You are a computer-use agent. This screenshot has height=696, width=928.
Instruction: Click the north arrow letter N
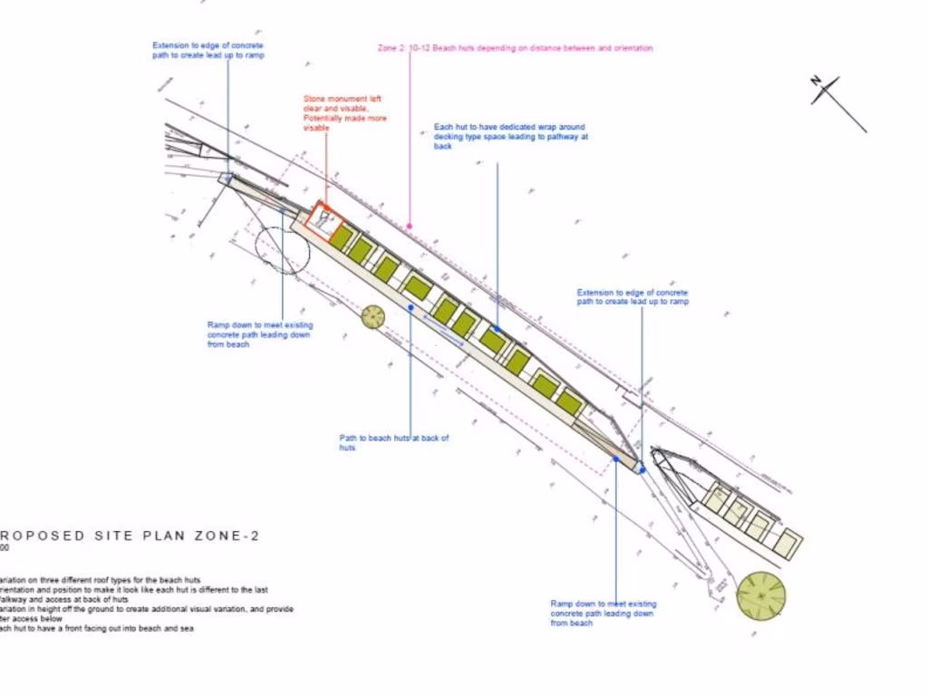click(x=817, y=82)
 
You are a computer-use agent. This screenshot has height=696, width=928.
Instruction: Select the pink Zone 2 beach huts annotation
click(x=515, y=48)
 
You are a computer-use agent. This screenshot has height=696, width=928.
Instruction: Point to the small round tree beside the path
click(x=372, y=316)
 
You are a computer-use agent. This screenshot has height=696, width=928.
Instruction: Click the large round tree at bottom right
click(x=760, y=595)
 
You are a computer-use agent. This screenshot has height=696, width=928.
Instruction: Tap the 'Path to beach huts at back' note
click(x=393, y=442)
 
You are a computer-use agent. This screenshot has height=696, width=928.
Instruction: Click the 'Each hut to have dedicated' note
click(x=509, y=136)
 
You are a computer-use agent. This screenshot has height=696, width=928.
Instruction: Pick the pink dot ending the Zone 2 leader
click(x=410, y=226)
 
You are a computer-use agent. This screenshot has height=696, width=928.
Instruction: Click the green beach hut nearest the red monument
click(x=341, y=238)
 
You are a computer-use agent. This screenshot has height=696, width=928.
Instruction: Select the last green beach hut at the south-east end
click(x=568, y=401)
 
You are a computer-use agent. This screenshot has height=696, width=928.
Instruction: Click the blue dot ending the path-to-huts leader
click(x=411, y=307)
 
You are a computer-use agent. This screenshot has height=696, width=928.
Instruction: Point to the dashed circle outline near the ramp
click(x=282, y=249)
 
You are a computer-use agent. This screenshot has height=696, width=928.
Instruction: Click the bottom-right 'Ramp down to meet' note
click(x=603, y=613)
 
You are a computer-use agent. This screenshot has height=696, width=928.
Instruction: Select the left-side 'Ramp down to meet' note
click(x=259, y=334)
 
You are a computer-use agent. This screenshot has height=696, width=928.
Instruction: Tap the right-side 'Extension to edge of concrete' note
click(x=632, y=296)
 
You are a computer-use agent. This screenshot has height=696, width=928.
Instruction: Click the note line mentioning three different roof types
click(x=100, y=580)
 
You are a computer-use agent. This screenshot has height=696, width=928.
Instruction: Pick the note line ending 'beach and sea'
click(x=97, y=628)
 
